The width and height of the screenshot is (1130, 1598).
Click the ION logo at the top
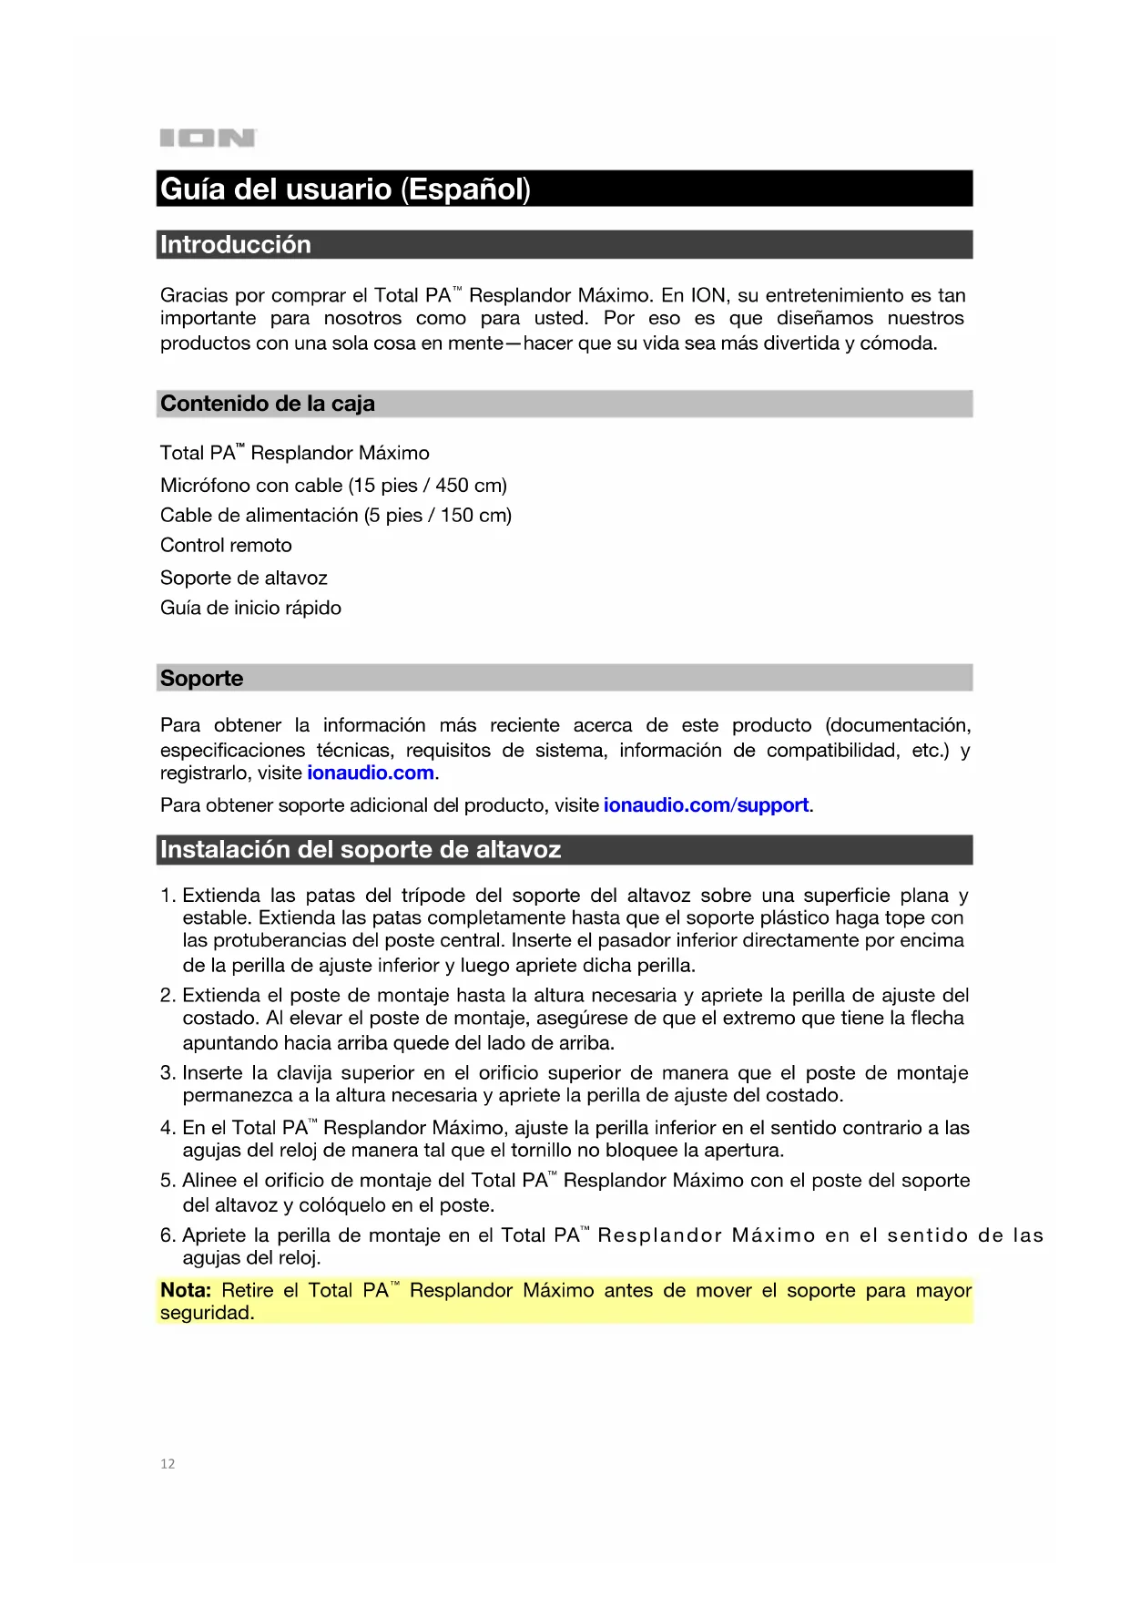coord(208,138)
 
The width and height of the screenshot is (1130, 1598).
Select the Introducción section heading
coord(235,245)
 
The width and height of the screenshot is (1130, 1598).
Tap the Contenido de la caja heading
coord(267,404)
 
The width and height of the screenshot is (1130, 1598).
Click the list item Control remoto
coord(226,546)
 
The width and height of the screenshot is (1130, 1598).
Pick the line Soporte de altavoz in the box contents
coord(243,579)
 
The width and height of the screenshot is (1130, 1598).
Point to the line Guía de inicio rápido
coord(250,609)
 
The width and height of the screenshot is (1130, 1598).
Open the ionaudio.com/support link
coord(706,805)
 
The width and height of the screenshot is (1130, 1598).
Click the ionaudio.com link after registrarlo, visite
coord(371,773)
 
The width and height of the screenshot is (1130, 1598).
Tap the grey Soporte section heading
coord(201,679)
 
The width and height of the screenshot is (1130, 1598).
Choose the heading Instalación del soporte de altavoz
coord(360,850)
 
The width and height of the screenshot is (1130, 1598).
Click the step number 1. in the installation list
coord(168,896)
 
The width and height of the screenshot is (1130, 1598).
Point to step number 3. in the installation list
coord(168,1073)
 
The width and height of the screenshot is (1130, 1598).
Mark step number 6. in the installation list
coord(168,1236)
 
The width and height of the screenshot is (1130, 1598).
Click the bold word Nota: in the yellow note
coord(185,1291)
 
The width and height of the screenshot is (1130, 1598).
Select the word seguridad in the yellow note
coord(206,1314)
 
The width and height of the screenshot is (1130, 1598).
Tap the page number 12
coord(168,1464)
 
